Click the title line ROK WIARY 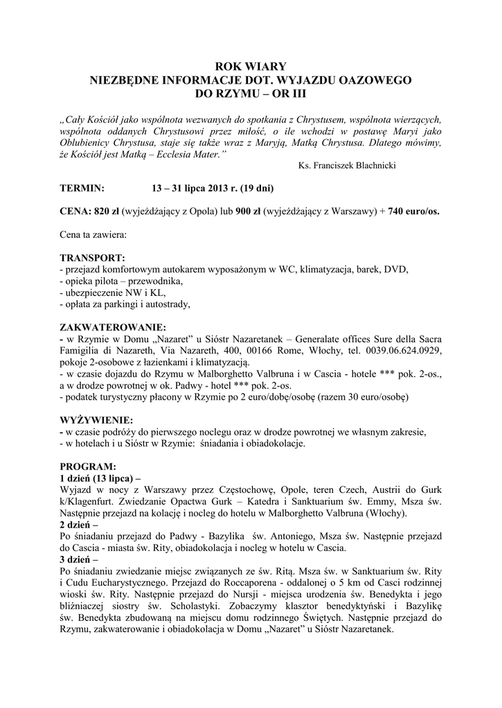(251, 67)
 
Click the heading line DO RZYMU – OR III (251, 93)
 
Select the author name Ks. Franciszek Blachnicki (347, 166)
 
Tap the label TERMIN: (82, 188)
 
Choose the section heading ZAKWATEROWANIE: (113, 327)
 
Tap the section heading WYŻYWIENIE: (96, 420)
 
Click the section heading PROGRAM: (88, 467)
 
